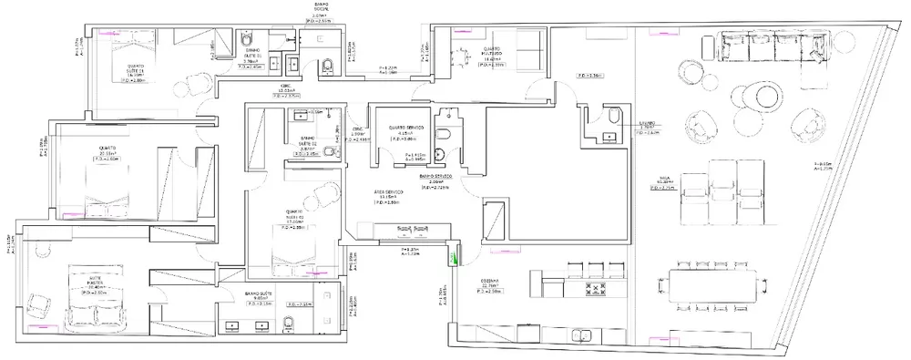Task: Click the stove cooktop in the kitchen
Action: coord(599,291)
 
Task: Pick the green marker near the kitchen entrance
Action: coord(448,259)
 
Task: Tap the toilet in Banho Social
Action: coord(325,65)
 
